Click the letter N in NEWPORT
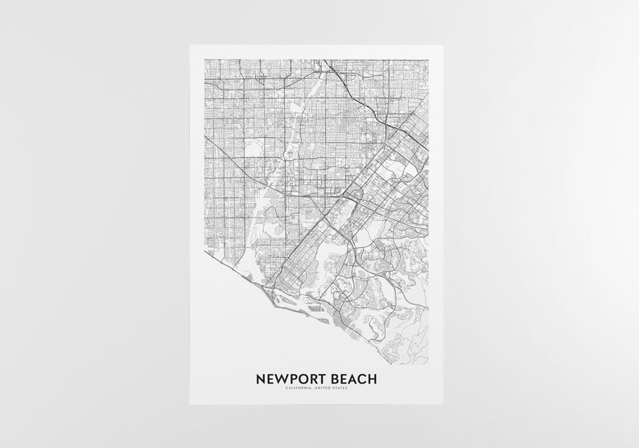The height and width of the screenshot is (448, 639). [260, 377]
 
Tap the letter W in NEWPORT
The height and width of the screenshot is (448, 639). [280, 377]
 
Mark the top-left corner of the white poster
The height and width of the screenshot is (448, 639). [190, 44]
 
